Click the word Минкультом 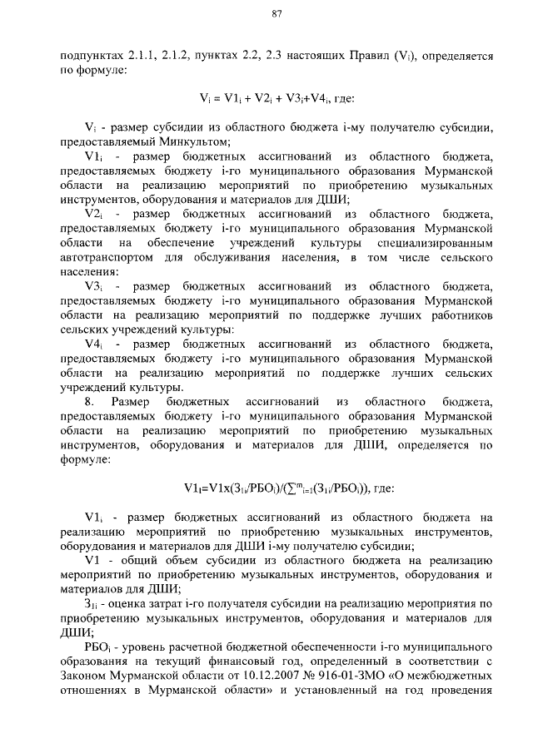tap(197, 142)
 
